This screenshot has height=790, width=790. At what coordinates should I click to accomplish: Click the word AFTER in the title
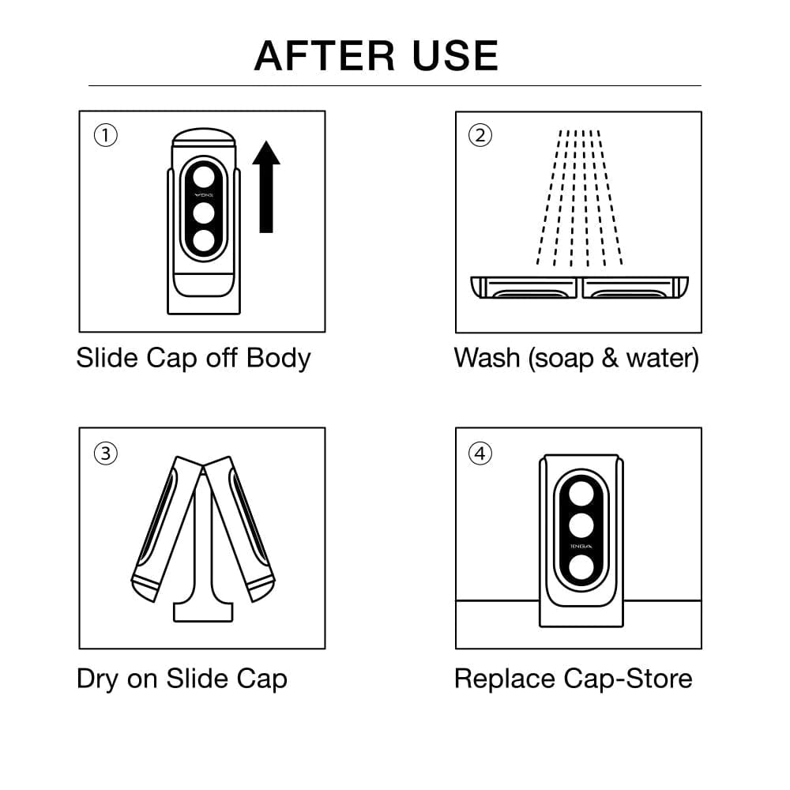325,55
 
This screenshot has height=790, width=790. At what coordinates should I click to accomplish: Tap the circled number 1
105,136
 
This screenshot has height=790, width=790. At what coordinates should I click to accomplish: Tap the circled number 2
480,136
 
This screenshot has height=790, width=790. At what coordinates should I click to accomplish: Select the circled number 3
105,453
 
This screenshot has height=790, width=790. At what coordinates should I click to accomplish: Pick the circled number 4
480,453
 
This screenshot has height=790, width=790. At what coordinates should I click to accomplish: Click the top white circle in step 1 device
204,175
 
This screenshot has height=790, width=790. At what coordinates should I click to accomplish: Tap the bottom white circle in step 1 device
204,241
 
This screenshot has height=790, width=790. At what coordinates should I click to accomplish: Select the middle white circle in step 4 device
581,524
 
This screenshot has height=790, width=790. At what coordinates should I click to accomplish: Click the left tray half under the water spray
525,288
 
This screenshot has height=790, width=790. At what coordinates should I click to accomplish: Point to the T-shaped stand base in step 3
203,608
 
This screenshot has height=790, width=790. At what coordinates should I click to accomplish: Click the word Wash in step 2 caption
487,358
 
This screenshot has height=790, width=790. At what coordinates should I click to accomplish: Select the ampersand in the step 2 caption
607,359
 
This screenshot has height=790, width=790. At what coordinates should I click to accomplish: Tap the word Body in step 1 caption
278,358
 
